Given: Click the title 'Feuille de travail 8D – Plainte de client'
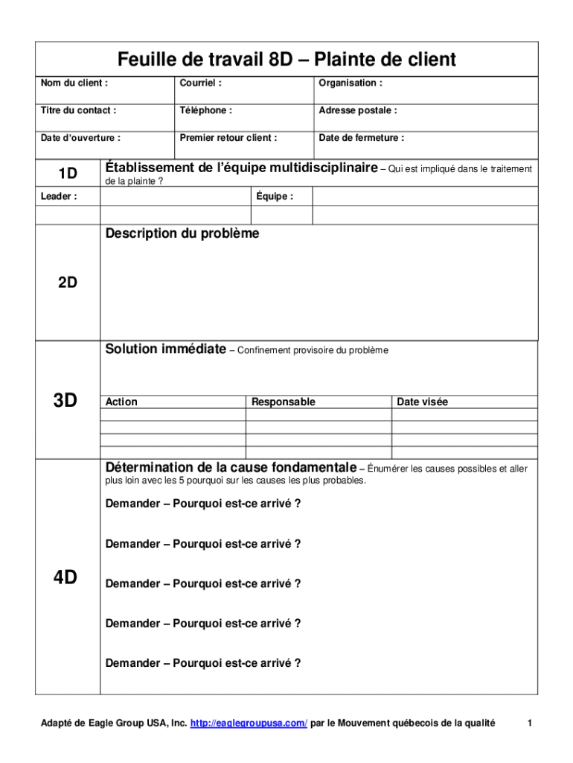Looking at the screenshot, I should click(x=286, y=60).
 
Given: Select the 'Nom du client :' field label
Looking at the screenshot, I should click(x=74, y=83).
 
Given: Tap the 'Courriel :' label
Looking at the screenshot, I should click(x=200, y=83).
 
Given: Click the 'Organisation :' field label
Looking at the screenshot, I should click(x=350, y=83).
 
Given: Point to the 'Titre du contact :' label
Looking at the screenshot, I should click(x=78, y=110).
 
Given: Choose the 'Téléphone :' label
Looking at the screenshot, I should click(x=205, y=110).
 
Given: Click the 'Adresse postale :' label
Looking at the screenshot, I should click(x=358, y=110).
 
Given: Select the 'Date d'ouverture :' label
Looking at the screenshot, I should click(x=80, y=138).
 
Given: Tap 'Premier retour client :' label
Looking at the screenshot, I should click(x=228, y=138).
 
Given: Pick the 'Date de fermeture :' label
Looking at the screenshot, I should click(x=362, y=138).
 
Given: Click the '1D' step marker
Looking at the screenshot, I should click(x=68, y=174).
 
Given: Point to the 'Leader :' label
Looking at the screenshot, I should click(x=59, y=197).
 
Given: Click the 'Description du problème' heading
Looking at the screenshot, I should click(x=182, y=234).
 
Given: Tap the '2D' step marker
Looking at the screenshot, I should click(x=68, y=282).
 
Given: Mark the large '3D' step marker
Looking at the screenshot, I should click(x=65, y=401).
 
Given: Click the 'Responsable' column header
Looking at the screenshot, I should click(x=284, y=402).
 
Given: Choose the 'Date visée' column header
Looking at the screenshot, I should click(x=423, y=402).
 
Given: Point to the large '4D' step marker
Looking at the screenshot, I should click(x=65, y=577).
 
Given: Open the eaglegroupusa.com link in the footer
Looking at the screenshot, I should click(x=249, y=724).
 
